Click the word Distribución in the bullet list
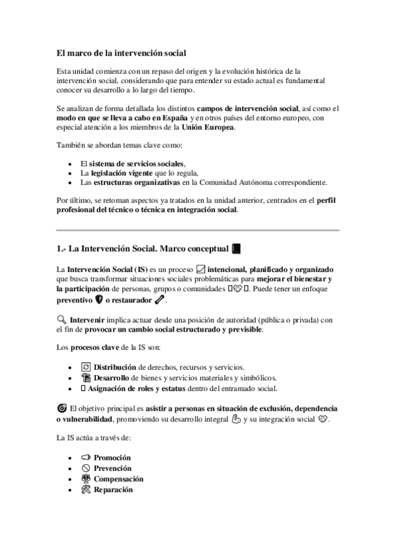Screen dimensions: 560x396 [116, 367]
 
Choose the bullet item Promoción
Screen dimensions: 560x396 [112, 457]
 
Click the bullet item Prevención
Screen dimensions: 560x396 [112, 468]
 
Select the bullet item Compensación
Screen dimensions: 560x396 [118, 479]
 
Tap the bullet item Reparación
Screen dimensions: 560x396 [113, 490]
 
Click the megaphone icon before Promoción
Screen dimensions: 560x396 [85, 457]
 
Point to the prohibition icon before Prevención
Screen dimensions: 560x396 [85, 468]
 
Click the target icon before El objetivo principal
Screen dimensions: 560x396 [62, 409]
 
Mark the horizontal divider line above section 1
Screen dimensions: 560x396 [198, 230]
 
